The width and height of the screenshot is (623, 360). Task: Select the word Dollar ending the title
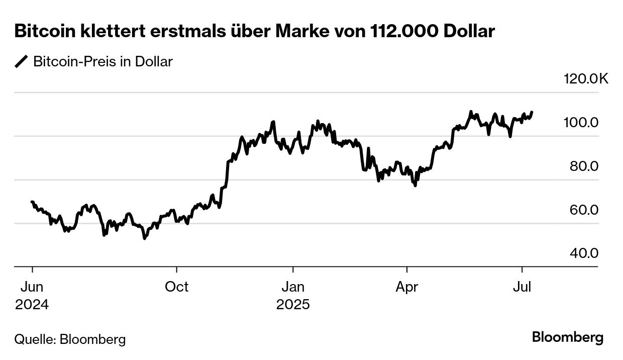tap(470, 31)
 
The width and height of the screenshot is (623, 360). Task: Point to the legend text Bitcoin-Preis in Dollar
tap(102, 62)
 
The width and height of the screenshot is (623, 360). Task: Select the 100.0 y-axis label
tap(583, 123)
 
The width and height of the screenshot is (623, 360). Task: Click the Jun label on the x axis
tap(32, 287)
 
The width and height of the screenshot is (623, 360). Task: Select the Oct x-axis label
tap(177, 287)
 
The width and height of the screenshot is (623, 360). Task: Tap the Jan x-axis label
tap(292, 287)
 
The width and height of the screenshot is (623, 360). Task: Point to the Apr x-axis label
tap(407, 287)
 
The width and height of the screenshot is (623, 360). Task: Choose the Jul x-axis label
tap(523, 287)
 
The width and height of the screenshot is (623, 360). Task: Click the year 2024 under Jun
tap(32, 305)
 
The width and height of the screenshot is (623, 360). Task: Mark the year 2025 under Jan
tap(292, 305)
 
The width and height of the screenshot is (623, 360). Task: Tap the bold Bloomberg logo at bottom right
tap(568, 337)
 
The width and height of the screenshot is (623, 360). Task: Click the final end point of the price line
tap(532, 112)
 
